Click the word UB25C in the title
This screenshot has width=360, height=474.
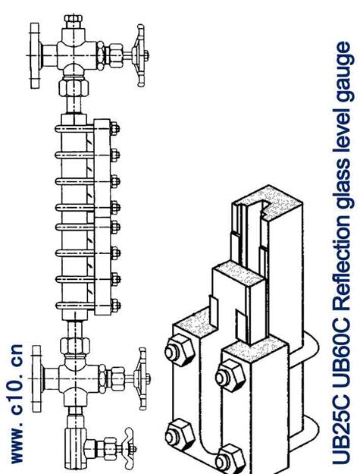coord(342,433)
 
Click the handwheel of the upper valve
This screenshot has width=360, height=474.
coord(141,55)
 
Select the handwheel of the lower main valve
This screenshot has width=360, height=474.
coord(142,378)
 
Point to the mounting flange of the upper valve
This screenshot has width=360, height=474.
coord(36,55)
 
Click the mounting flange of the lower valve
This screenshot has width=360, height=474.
coord(37,379)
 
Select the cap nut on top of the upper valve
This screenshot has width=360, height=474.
coord(73,19)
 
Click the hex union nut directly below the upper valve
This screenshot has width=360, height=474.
coord(74,88)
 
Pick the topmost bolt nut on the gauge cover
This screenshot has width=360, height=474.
coord(114,129)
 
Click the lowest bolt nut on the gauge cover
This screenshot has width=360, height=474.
coord(114,306)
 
